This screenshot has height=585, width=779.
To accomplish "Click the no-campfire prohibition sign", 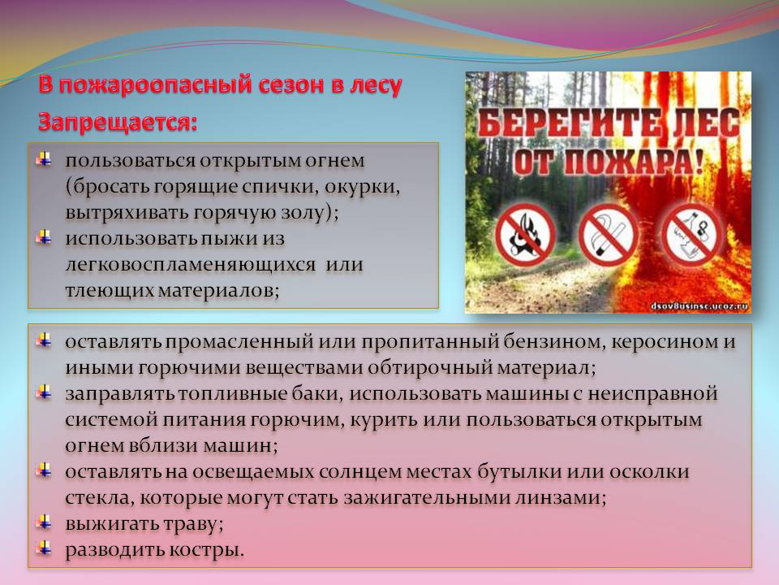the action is [525, 234].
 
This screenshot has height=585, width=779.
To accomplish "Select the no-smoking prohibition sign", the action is [607, 234].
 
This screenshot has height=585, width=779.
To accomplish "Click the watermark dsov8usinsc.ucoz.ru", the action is [699, 306].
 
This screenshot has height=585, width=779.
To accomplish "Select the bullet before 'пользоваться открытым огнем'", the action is [44, 159].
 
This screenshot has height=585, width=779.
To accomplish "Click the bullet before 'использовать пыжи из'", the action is [44, 236].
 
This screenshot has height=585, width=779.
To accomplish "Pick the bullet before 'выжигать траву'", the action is [44, 522].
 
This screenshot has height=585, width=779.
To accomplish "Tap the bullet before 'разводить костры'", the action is [44, 548].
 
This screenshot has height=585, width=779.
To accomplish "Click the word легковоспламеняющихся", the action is [191, 265].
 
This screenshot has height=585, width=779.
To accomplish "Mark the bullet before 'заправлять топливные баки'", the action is [44, 392].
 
